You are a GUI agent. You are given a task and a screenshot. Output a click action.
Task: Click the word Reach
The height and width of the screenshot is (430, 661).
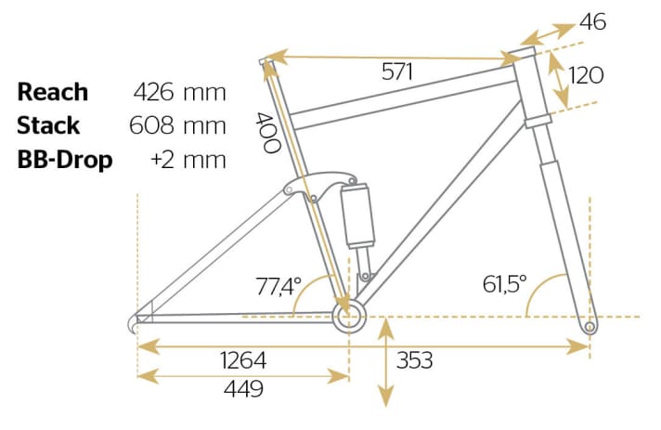pyautogui.click(x=53, y=92)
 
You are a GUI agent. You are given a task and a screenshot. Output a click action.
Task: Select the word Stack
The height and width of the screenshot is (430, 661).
pyautogui.click(x=48, y=125)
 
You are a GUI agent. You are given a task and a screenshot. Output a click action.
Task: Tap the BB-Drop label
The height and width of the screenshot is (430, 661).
pyautogui.click(x=65, y=159)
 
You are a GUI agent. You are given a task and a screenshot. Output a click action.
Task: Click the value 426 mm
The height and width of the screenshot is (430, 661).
pyautogui.click(x=180, y=92)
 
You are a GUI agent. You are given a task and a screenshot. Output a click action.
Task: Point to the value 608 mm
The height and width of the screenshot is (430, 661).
pyautogui.click(x=180, y=125)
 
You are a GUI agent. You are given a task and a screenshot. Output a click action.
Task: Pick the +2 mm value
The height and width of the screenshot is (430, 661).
pyautogui.click(x=188, y=159)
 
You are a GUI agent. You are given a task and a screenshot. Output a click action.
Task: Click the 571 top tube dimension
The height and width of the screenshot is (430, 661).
pyautogui.click(x=398, y=72)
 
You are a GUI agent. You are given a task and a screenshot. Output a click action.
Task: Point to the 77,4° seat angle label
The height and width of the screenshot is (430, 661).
pyautogui.click(x=279, y=288)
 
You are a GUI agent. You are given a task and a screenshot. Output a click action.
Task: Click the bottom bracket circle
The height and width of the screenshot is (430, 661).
pyautogui.click(x=349, y=319)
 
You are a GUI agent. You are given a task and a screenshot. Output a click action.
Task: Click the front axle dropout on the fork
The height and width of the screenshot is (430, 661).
pyautogui.click(x=588, y=327)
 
